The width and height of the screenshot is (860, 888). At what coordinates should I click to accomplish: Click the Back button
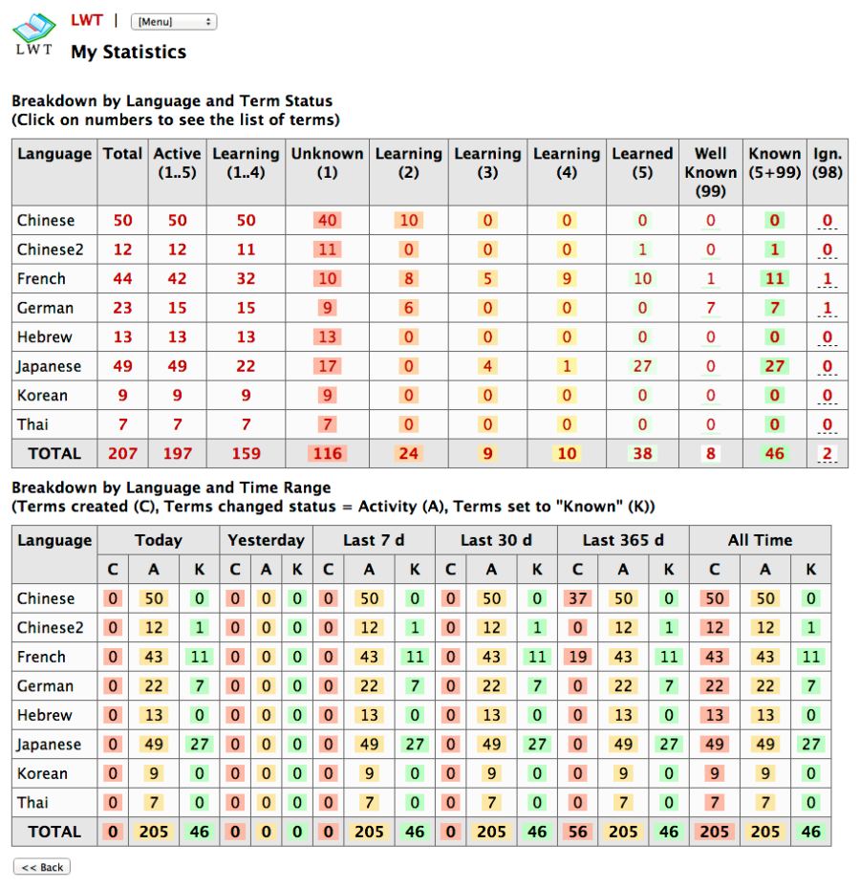(42, 867)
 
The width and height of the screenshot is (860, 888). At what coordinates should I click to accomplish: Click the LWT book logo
(33, 33)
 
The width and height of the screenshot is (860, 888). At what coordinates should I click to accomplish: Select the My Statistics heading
(128, 52)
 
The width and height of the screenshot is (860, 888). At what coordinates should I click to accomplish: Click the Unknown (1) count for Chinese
(328, 221)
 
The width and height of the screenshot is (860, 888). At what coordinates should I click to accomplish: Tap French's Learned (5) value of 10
(642, 279)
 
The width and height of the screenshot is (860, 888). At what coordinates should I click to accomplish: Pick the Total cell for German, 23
(122, 308)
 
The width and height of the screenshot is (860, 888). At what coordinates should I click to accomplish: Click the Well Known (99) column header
(711, 172)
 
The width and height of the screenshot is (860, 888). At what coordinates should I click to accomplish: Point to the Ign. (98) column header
(828, 162)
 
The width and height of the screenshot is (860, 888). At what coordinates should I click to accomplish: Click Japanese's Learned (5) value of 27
(642, 366)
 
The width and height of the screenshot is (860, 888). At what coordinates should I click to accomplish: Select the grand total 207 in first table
(122, 453)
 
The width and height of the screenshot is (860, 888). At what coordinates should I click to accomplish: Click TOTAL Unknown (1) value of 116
(328, 453)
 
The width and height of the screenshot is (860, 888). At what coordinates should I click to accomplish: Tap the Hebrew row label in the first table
(45, 336)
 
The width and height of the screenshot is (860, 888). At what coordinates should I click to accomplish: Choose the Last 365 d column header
(623, 540)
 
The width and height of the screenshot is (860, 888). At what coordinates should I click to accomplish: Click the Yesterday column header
(266, 540)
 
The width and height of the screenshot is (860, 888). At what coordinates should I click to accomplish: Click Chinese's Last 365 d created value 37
(577, 598)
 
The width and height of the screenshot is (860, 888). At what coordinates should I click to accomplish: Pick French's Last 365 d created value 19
(577, 657)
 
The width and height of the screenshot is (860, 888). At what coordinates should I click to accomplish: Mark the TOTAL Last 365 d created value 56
(577, 832)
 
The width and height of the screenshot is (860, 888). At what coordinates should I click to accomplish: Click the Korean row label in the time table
(42, 773)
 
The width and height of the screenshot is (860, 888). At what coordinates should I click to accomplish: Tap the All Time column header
(760, 540)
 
